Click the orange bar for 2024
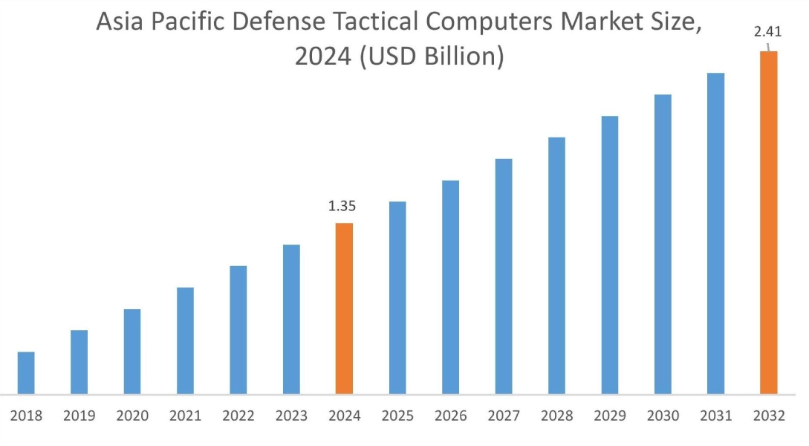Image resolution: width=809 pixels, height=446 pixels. (344, 308)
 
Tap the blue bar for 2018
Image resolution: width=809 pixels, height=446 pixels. (26, 372)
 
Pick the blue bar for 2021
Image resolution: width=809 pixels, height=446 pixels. (185, 340)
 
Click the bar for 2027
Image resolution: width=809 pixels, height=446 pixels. (504, 276)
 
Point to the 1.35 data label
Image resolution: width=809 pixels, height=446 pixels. (343, 206)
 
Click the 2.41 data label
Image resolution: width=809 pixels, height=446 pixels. (767, 32)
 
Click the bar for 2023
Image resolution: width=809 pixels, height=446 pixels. (291, 319)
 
